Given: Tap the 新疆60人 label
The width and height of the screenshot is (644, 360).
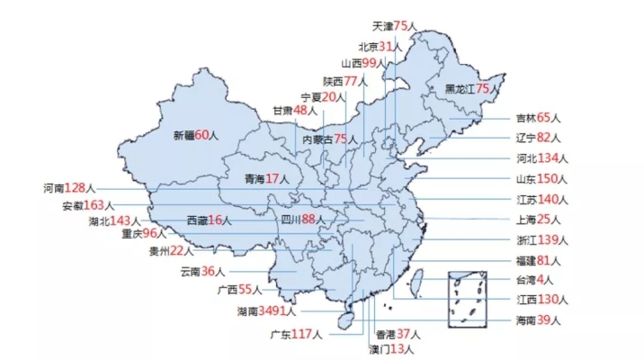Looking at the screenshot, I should (x=196, y=135).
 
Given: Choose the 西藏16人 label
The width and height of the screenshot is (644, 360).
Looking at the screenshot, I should (x=209, y=220).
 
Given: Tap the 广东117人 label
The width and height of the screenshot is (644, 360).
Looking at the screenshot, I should (x=296, y=335).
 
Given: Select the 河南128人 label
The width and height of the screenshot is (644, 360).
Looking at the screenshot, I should (x=69, y=188).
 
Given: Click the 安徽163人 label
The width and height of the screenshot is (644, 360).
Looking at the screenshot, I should (x=88, y=205).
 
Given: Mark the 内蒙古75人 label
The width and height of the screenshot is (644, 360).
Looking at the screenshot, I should (x=329, y=139).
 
